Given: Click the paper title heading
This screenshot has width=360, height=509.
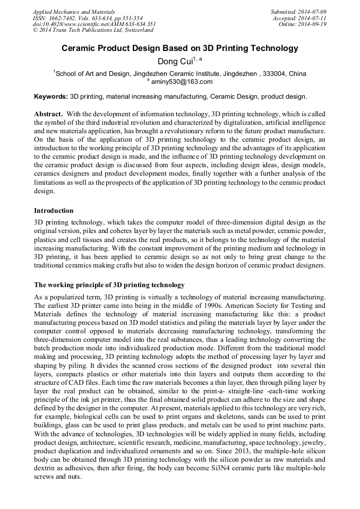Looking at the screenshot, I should coord(180,48).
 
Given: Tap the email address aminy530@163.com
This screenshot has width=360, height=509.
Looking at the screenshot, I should coord(182,82).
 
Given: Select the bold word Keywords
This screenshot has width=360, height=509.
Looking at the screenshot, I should coord(51,97).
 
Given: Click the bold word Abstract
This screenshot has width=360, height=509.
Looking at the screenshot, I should coord(49,114).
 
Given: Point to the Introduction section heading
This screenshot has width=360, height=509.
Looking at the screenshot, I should coord(54,211).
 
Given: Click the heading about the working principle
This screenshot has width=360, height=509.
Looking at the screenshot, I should coord(109,284).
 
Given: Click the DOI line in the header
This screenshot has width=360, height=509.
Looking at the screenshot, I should coord(94,24).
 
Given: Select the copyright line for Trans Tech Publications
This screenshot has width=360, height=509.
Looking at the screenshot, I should coord(93,30).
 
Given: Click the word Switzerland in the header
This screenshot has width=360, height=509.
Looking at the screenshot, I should coord(137,30).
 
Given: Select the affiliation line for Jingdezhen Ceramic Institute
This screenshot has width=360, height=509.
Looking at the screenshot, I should coord(179,73).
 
